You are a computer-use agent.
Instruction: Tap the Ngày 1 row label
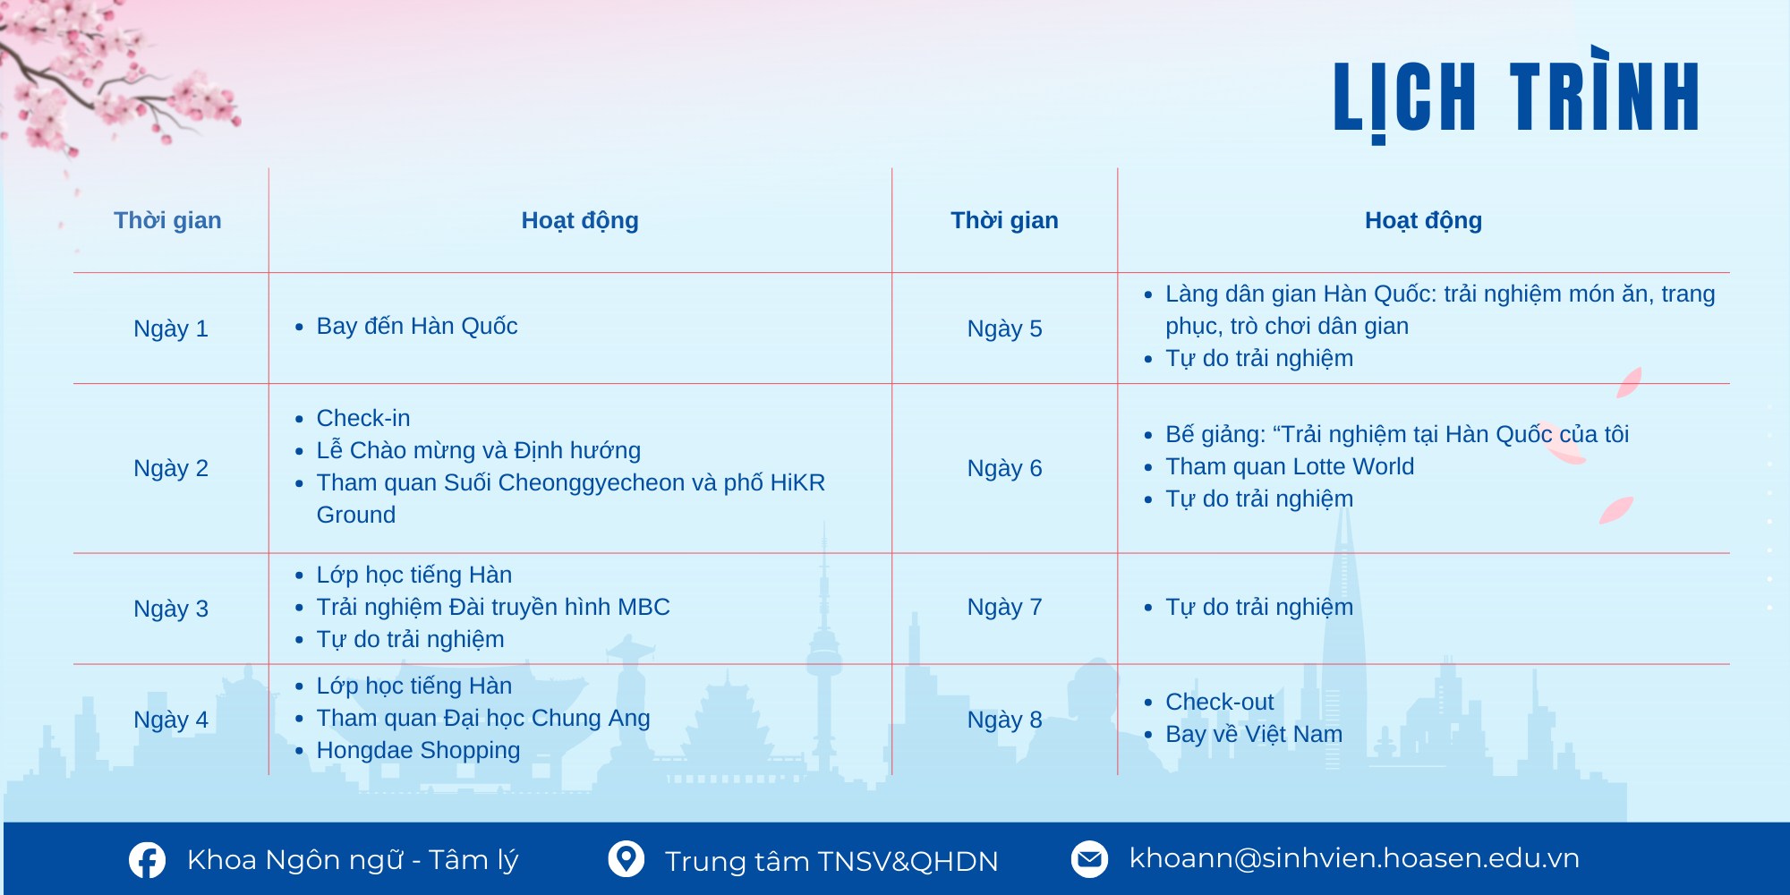point(171,328)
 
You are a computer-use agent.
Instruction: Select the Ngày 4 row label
point(171,720)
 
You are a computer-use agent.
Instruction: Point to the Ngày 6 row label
point(1004,468)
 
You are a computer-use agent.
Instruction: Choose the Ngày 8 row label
point(1004,720)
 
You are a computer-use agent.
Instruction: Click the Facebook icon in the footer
point(147,860)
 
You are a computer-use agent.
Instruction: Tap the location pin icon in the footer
point(626,859)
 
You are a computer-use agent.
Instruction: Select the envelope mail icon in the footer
point(1089,859)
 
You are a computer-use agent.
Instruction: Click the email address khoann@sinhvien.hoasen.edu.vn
point(1354,857)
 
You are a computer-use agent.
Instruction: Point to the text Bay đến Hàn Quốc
point(417,326)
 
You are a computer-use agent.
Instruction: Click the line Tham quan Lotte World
point(1290,466)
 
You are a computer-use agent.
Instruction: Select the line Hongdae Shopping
point(418,750)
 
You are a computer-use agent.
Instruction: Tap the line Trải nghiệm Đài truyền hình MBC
point(493,607)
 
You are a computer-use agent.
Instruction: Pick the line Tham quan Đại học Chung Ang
point(483,718)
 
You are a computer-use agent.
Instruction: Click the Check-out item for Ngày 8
point(1219,702)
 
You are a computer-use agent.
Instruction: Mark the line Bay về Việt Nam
point(1254,734)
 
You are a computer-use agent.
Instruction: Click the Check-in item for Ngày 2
point(363,418)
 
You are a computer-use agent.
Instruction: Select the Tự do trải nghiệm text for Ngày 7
point(1259,607)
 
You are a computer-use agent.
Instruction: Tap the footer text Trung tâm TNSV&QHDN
point(831,861)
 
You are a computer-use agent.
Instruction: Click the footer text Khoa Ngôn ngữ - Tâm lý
point(353,860)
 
